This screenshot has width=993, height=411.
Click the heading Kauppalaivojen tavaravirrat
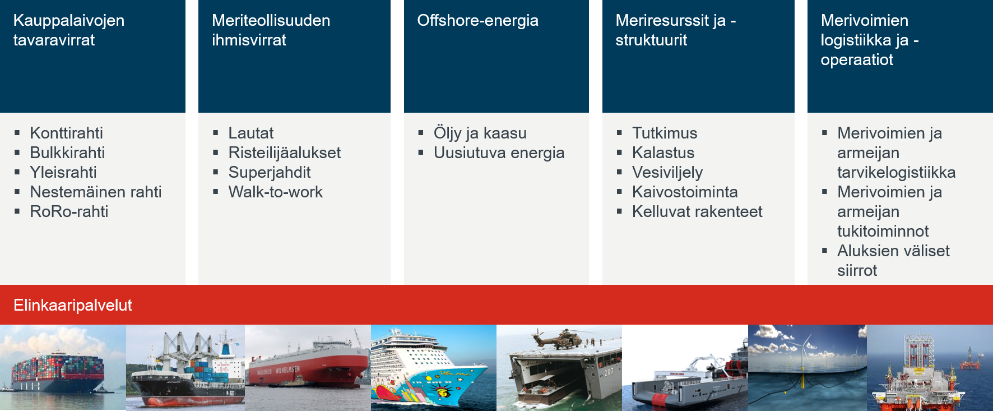(69, 30)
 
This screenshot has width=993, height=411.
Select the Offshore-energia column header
(477, 21)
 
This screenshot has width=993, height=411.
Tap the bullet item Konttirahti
(66, 133)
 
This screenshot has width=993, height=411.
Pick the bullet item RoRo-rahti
(69, 211)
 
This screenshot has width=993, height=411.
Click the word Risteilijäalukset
(284, 153)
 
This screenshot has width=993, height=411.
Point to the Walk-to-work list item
(275, 192)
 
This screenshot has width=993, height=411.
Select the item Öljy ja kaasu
(480, 133)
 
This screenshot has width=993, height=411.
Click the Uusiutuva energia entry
(499, 153)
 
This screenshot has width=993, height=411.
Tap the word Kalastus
(663, 153)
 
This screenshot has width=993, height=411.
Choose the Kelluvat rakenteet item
(697, 211)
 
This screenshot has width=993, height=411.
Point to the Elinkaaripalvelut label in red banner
(73, 305)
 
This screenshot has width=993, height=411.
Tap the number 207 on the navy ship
(608, 372)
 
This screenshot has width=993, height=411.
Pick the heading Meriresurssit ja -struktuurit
(675, 30)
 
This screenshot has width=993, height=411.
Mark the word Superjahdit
(269, 172)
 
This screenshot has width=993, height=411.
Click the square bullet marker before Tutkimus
(619, 133)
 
